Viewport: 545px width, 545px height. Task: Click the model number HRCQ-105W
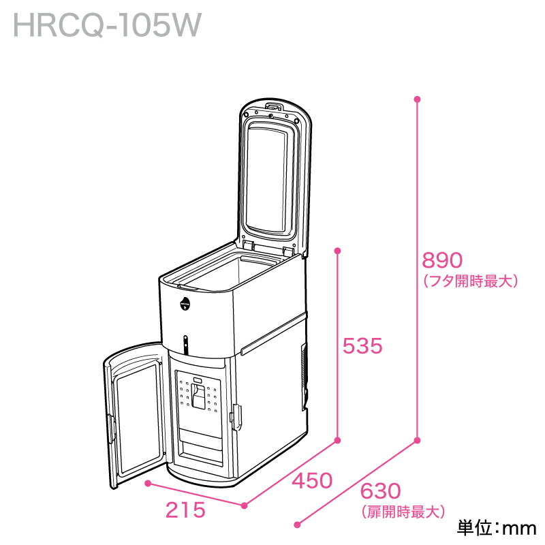(107, 26)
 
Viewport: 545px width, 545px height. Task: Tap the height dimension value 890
(442, 261)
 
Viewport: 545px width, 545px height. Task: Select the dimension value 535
(362, 347)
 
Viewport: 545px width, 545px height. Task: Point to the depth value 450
(311, 481)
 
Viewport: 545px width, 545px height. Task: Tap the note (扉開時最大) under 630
(402, 510)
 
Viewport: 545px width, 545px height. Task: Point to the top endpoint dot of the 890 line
(418, 99)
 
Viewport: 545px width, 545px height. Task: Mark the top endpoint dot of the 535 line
(337, 251)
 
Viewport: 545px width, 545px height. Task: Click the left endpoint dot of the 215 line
(149, 484)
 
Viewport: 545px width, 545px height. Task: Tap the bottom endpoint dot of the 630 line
(296, 525)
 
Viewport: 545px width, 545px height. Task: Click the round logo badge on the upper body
(186, 302)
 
